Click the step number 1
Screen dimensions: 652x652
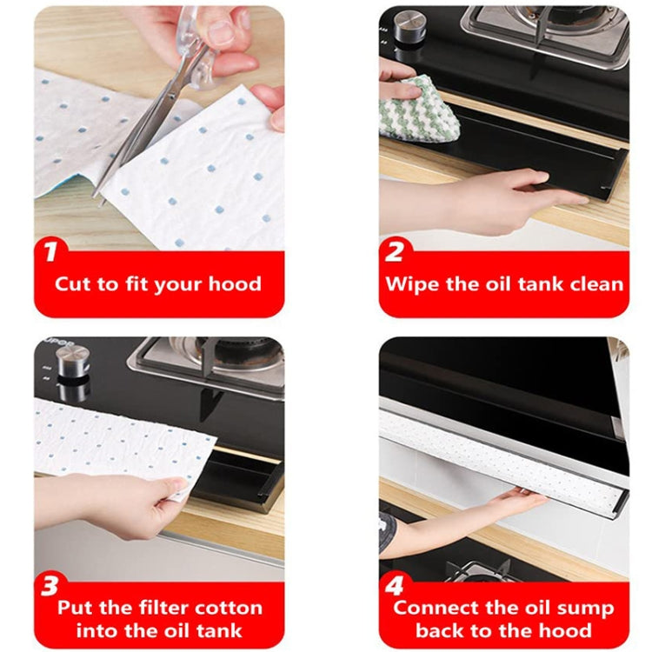pos(51,253)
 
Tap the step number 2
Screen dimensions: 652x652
pos(395,253)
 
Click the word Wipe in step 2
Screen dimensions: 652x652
pos(413,284)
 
